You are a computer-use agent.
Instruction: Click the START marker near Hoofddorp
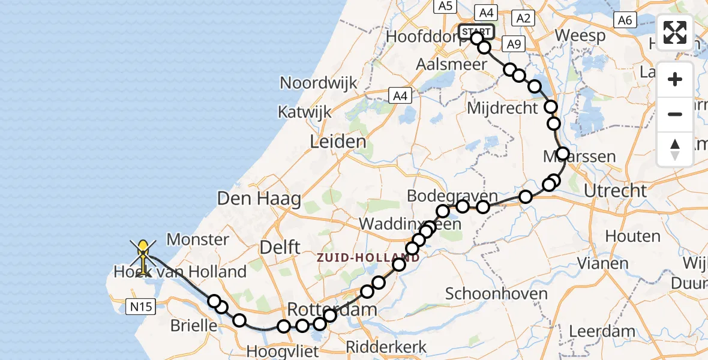click(476, 31)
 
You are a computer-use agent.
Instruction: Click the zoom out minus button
click(675, 114)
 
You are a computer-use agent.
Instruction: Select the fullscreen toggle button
click(675, 32)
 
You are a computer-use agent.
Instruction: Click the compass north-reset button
click(675, 149)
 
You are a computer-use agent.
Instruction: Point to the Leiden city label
click(338, 142)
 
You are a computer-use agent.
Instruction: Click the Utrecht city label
click(616, 191)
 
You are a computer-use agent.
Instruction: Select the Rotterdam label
click(332, 310)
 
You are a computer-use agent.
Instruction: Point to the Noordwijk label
click(319, 83)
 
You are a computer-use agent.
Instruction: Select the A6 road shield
click(625, 20)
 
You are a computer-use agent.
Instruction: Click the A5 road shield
click(444, 6)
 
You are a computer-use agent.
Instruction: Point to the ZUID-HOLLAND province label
click(368, 257)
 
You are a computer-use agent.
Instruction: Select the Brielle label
click(194, 326)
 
